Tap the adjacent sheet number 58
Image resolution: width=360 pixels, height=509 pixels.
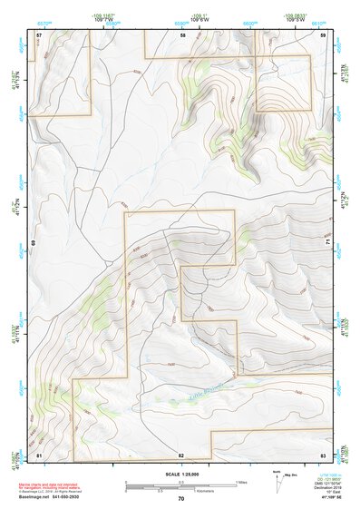click(182, 34)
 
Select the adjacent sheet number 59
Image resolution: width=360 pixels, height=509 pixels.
click(323, 34)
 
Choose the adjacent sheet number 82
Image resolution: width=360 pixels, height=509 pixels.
click(181, 454)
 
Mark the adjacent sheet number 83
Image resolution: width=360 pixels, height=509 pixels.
click(323, 454)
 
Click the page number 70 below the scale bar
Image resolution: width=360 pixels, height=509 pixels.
click(181, 499)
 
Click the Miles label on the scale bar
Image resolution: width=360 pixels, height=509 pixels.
click(240, 482)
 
